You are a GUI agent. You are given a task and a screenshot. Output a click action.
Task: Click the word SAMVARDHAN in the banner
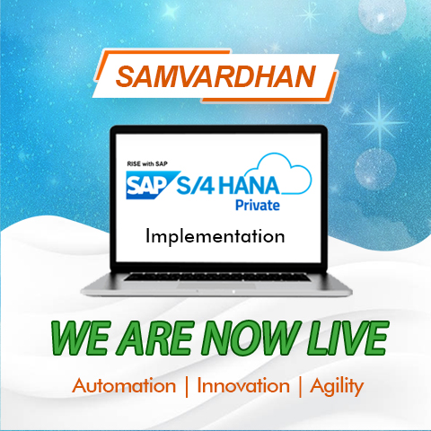[x=215, y=76]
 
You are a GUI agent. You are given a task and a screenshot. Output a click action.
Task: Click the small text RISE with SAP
[x=147, y=163]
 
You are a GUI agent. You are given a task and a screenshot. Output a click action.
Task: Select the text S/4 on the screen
[x=196, y=186]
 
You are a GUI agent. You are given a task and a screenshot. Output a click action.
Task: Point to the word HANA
[x=249, y=186]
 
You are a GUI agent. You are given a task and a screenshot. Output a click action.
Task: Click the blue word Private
[x=258, y=206]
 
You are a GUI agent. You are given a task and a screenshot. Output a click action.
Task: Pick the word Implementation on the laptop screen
[x=215, y=236]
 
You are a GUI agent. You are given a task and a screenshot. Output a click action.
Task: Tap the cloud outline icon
[x=285, y=173]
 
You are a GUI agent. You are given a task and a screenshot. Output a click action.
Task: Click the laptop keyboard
[x=217, y=277]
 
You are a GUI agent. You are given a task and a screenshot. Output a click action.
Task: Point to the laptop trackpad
[x=216, y=286]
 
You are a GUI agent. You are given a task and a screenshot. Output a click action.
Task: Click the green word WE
[x=80, y=338]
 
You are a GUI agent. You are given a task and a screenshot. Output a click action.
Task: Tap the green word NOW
[x=251, y=338]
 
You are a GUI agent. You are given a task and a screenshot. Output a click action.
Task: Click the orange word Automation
[x=124, y=385]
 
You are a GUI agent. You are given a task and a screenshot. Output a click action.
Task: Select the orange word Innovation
[x=243, y=385]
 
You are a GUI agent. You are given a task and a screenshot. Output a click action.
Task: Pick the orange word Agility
[x=337, y=387]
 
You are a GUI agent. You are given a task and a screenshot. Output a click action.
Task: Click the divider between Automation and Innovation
[x=187, y=387]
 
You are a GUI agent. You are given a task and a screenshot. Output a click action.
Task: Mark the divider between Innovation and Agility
[x=300, y=387]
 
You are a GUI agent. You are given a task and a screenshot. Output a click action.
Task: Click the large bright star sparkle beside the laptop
[x=380, y=122]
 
